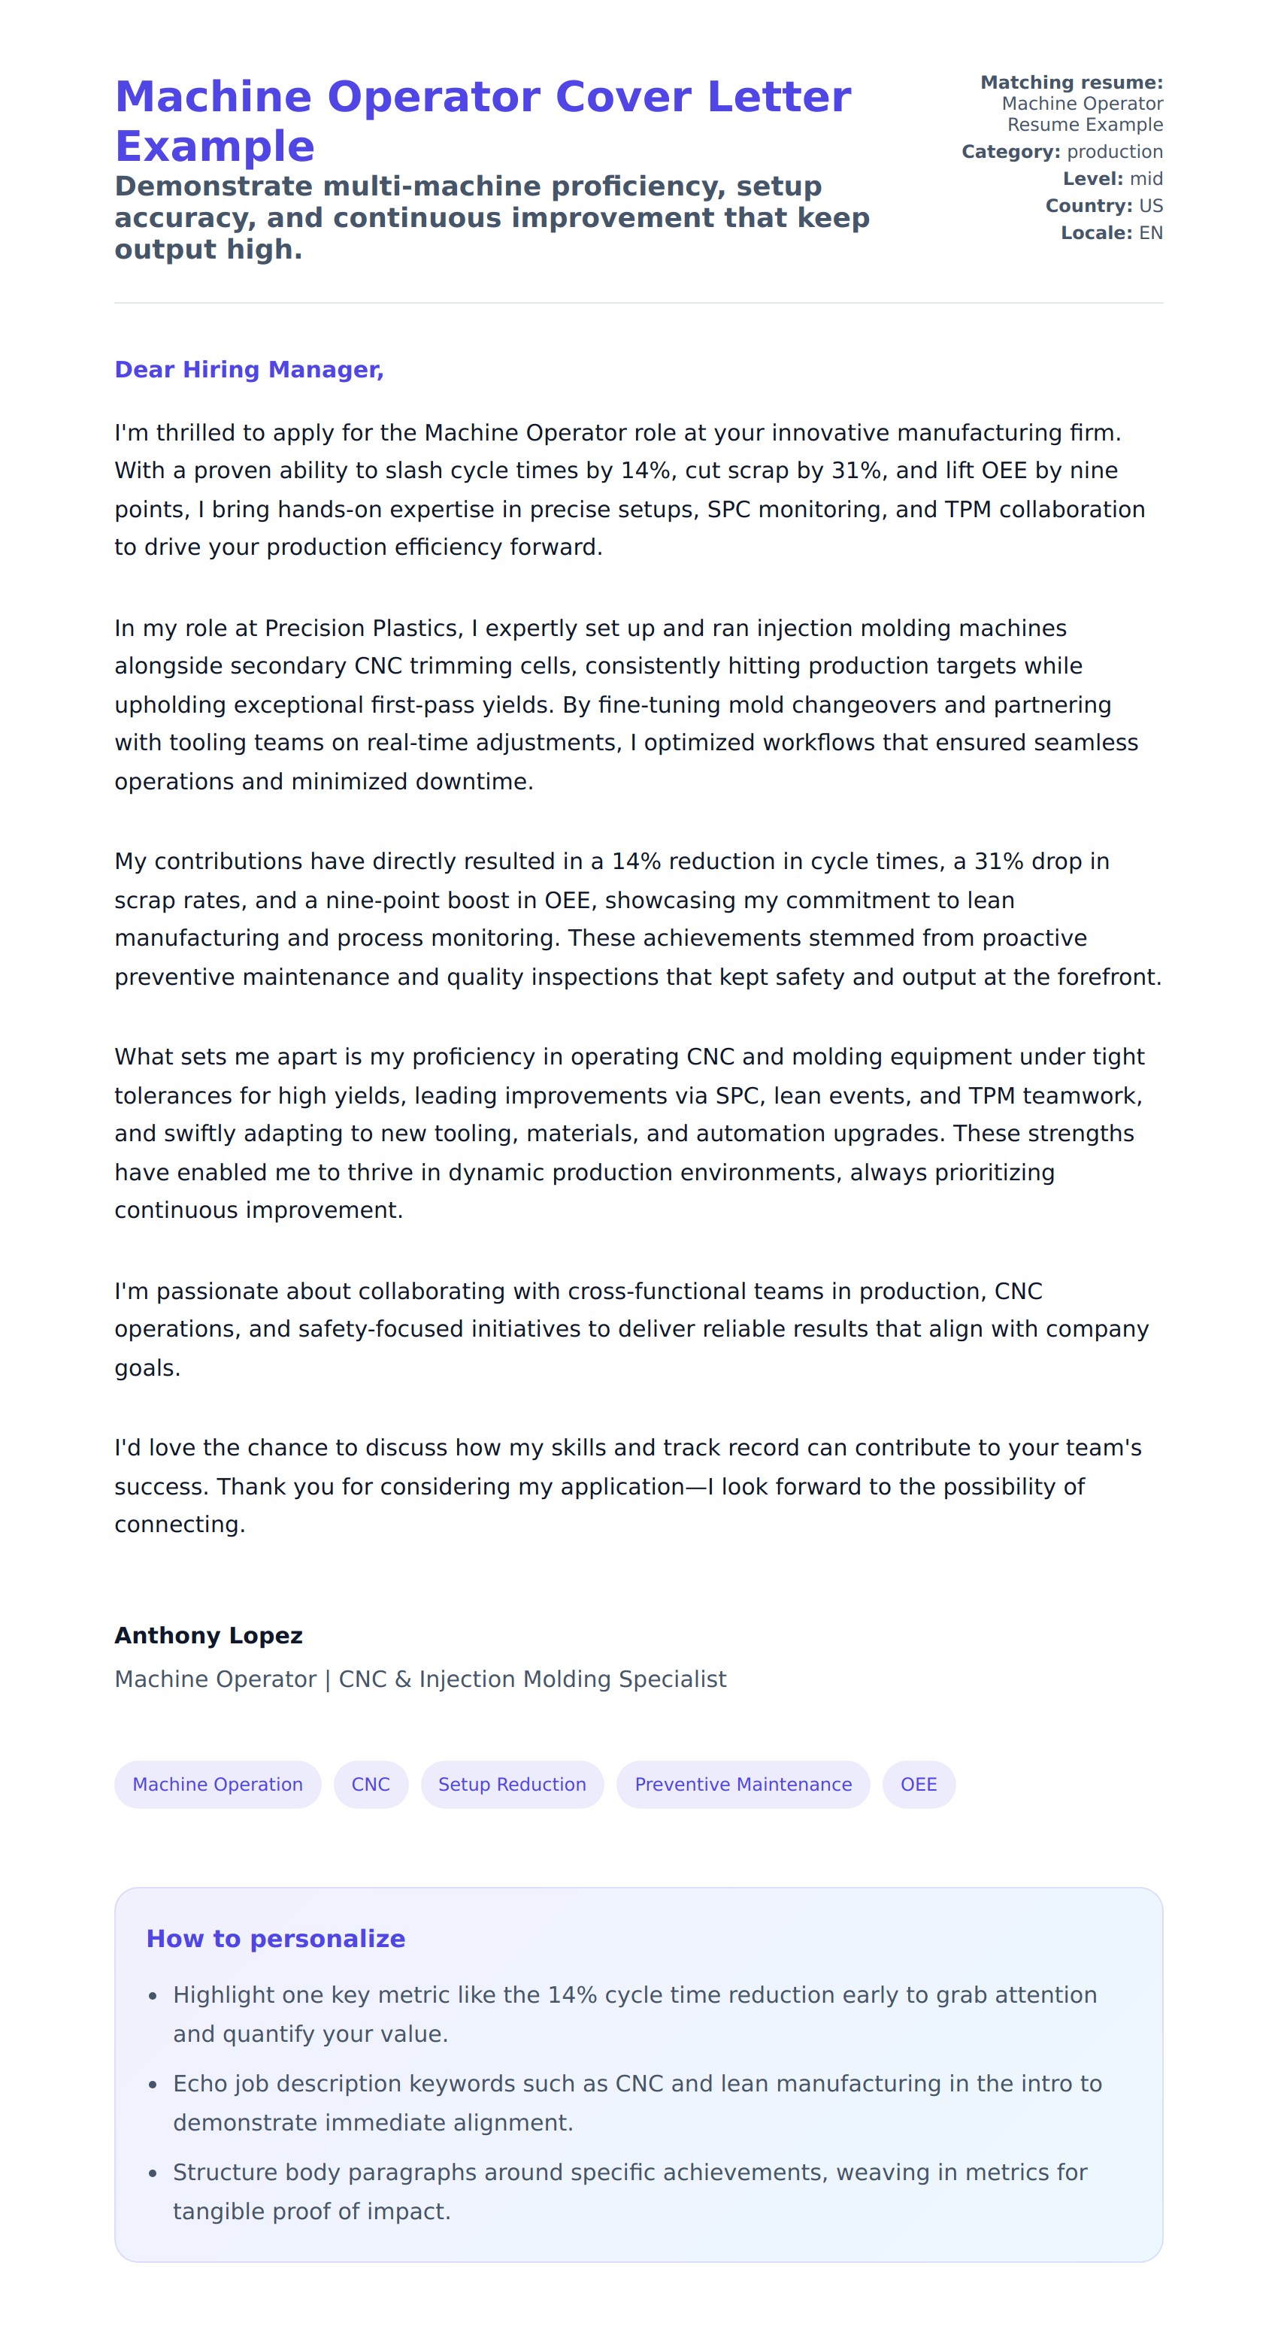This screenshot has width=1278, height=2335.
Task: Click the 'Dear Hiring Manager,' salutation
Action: pos(248,370)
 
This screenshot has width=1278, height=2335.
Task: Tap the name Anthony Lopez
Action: pos(207,1635)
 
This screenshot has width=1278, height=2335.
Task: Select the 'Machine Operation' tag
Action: pos(217,1784)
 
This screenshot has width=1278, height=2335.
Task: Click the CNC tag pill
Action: pos(370,1784)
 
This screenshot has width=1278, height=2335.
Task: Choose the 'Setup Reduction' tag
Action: pos(512,1784)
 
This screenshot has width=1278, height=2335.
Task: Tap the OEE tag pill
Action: pos(918,1784)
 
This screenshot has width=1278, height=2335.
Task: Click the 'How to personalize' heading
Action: pos(276,1938)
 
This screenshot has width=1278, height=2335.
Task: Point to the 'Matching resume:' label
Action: pos(1071,83)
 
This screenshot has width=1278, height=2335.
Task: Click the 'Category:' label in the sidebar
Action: pos(1010,151)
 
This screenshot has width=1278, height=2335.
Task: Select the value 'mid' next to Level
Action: pos(1146,179)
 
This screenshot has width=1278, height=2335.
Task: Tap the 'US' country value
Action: pos(1150,206)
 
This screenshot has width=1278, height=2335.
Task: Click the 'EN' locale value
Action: pos(1150,233)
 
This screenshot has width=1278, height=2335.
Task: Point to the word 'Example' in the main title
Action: pos(215,147)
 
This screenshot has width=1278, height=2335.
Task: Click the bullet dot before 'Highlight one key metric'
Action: pos(153,1996)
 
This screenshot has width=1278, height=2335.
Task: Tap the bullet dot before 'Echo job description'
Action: pos(153,2085)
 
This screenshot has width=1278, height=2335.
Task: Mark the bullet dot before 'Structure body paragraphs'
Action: pos(153,2173)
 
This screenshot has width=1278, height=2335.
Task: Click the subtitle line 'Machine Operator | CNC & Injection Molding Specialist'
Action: pos(419,1679)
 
